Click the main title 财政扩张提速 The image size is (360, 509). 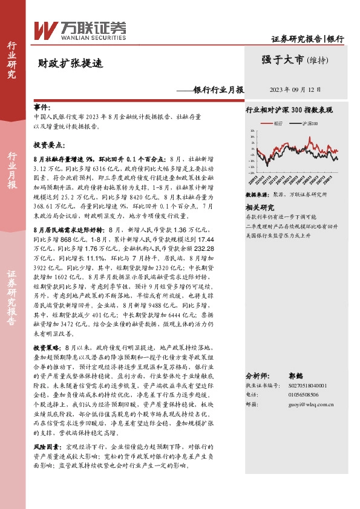(62, 61)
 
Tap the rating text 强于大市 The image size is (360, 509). (284, 59)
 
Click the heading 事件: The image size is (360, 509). (42, 106)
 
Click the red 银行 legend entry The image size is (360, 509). (273, 123)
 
